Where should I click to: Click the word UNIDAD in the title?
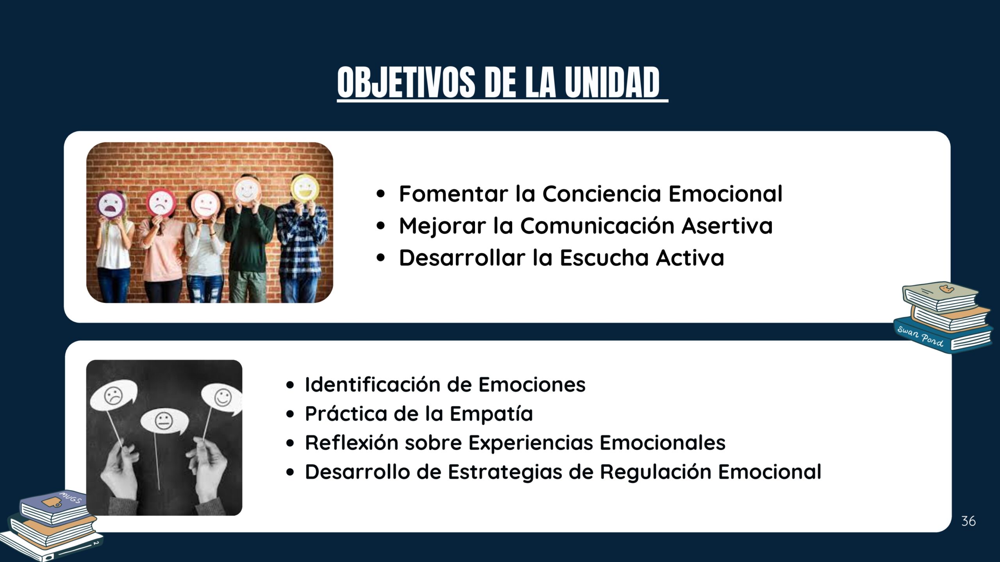612,82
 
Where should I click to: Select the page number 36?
968,521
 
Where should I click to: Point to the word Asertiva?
727,226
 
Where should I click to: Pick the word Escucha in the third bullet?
604,258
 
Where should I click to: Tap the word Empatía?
491,414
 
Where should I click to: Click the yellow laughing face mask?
305,189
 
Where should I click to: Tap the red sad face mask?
161,202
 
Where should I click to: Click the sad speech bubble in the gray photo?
114,396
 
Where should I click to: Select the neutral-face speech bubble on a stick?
164,422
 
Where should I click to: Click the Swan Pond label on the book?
920,336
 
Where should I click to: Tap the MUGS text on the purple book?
70,498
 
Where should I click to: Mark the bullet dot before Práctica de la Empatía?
290,414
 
